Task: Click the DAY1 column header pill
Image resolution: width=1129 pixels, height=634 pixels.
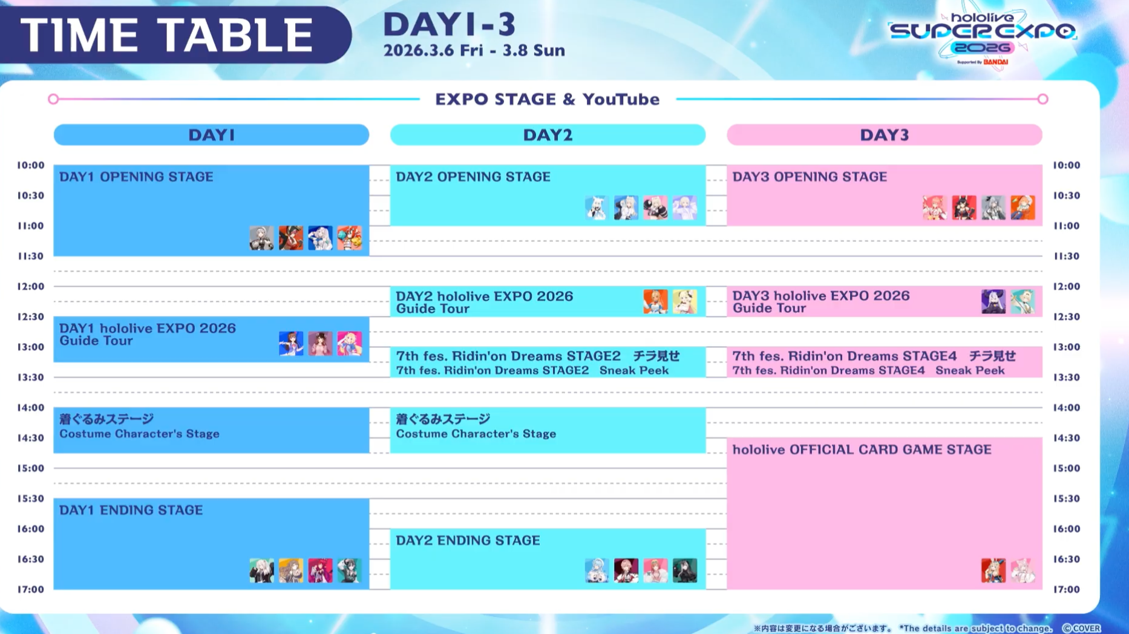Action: [x=211, y=134]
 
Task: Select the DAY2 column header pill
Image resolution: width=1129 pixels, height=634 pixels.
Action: [x=548, y=134]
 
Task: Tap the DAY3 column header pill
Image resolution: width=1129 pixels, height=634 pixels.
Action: [x=885, y=134]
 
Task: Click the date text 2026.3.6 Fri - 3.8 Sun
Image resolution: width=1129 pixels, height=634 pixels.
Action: [x=474, y=50]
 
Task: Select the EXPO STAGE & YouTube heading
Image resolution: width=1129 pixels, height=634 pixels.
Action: [x=548, y=99]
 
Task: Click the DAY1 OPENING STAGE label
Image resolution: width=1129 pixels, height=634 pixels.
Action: [x=136, y=177]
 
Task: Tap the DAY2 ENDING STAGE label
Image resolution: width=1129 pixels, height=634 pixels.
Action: [x=468, y=540]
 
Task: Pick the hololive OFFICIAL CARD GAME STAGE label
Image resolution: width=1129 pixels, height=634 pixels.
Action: [x=862, y=449]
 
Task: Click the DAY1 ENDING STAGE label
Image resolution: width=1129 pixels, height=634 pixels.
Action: [x=131, y=510]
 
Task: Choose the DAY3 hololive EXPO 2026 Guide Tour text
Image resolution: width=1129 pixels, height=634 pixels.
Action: [x=821, y=302]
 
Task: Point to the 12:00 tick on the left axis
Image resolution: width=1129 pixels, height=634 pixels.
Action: [x=30, y=286]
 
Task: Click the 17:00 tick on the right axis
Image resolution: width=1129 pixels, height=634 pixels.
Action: [x=1067, y=589]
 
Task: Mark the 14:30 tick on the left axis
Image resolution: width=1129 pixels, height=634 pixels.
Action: [x=30, y=438]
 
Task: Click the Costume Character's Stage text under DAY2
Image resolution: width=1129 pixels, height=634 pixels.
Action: [x=476, y=434]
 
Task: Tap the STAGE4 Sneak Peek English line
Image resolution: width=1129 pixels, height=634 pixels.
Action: [x=869, y=370]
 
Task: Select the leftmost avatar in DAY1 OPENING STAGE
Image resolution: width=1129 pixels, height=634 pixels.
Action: [x=261, y=238]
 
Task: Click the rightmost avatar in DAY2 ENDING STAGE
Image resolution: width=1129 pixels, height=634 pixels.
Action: [x=685, y=570]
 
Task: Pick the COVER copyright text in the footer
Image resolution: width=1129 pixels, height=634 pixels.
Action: [x=1082, y=629]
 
